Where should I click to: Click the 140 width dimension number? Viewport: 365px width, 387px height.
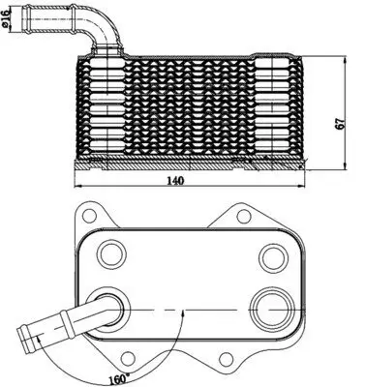[176, 180]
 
